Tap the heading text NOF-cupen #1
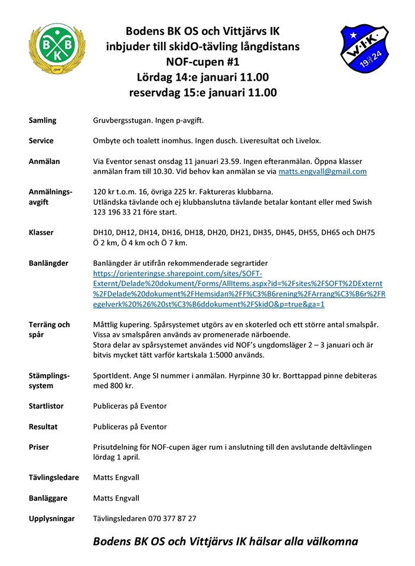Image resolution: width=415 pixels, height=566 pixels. pyautogui.click(x=203, y=61)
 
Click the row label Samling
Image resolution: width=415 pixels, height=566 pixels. pyautogui.click(x=43, y=120)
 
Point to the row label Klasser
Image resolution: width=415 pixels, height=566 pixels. pyautogui.click(x=41, y=232)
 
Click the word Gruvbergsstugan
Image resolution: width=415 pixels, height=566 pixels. pyautogui.click(x=122, y=120)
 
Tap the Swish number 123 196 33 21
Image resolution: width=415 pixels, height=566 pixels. pyautogui.click(x=123, y=212)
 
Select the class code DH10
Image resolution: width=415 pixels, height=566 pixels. pyautogui.click(x=104, y=232)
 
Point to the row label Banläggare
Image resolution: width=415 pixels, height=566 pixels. pyautogui.click(x=48, y=498)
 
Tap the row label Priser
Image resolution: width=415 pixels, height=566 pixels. pyautogui.click(x=39, y=447)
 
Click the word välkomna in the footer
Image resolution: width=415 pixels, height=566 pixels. pyautogui.click(x=327, y=541)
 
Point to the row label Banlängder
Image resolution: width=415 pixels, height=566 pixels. pyautogui.click(x=48, y=263)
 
